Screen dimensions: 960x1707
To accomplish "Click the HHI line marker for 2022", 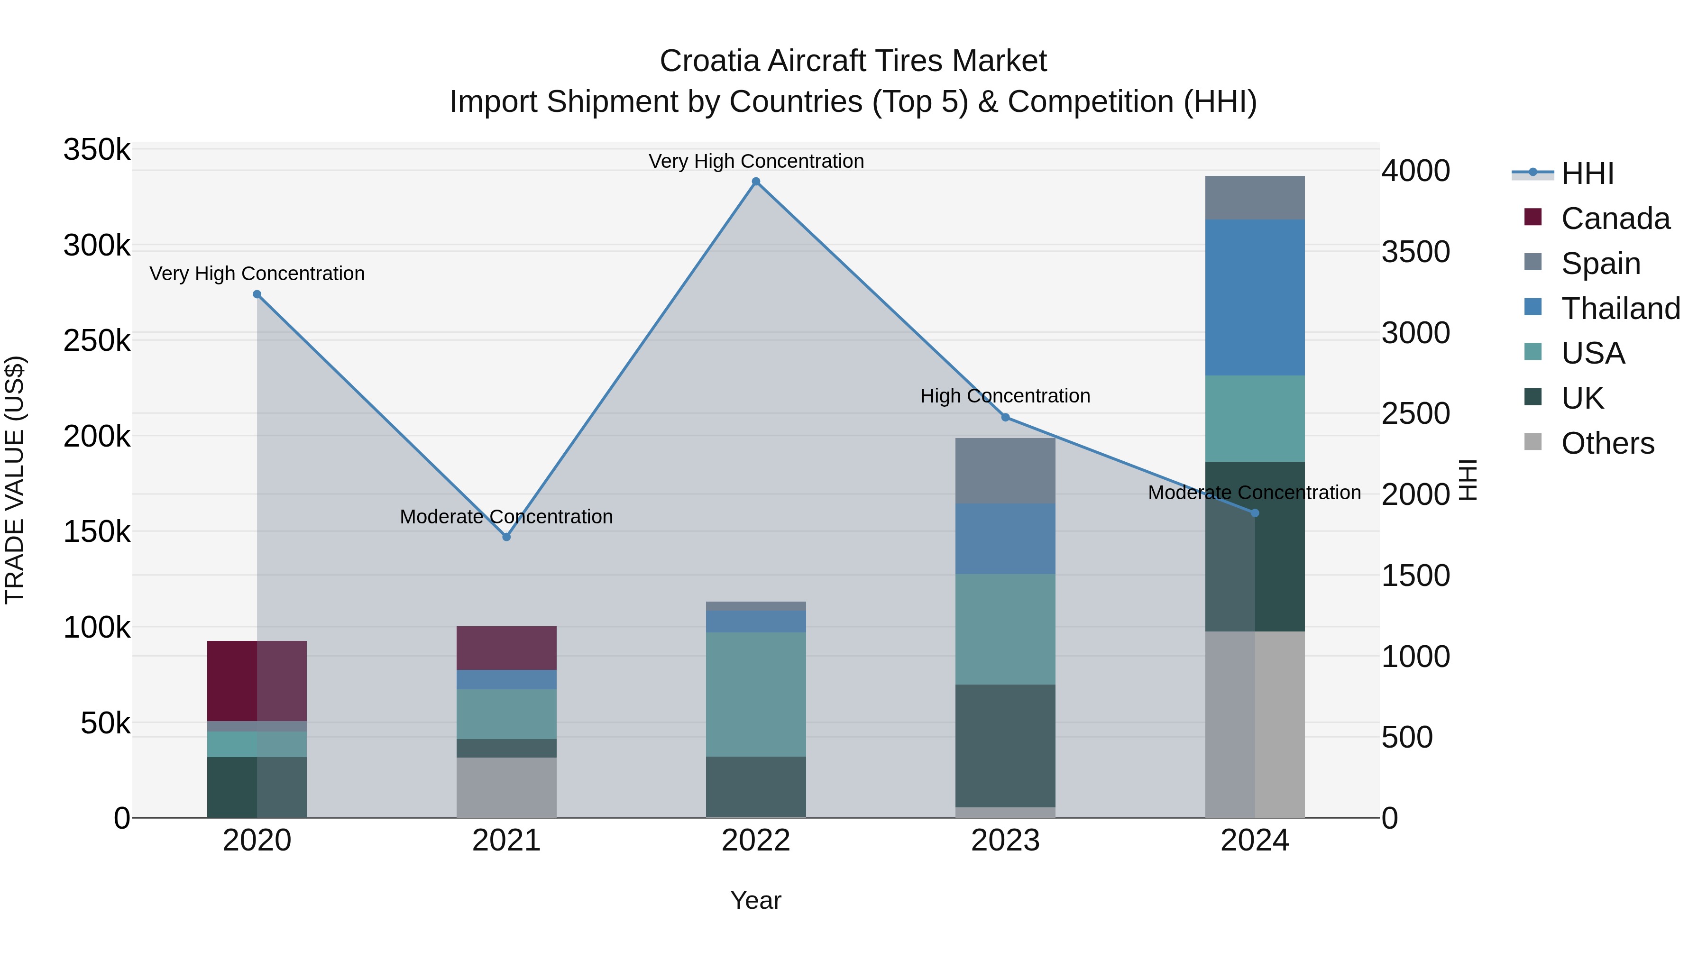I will click(x=756, y=182).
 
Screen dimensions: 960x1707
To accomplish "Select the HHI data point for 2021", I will click(x=506, y=537).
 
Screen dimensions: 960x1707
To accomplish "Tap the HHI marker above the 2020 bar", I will click(x=257, y=294).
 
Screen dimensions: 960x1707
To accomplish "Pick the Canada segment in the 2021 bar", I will click(x=506, y=648).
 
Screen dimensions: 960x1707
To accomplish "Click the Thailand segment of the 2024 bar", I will click(x=1254, y=297).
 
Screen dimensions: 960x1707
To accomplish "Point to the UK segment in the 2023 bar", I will click(x=1005, y=745).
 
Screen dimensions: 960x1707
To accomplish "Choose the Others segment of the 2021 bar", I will click(x=506, y=787).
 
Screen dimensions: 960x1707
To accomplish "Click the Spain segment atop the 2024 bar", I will click(x=1254, y=197).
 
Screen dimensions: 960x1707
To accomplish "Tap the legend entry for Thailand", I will click(x=1620, y=309).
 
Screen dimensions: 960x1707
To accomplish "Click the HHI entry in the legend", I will click(x=1587, y=174).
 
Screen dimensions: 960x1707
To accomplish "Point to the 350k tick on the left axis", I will click(x=97, y=150).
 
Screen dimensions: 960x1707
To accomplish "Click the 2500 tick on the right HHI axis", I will click(x=1415, y=413).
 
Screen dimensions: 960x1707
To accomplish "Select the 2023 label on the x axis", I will click(x=1005, y=841).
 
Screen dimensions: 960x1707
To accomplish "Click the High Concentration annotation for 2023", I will click(x=1005, y=396).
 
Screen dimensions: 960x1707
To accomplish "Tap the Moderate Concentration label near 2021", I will click(x=506, y=517).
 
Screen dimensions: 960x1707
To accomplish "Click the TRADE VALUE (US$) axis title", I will click(x=15, y=480).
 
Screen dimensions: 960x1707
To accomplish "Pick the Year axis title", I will click(x=755, y=900).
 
